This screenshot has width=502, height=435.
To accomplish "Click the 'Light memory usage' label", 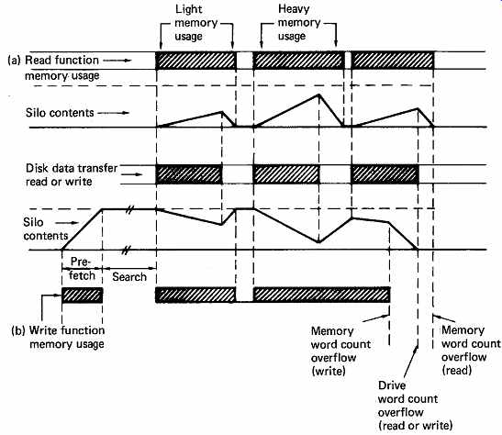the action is click(x=195, y=22).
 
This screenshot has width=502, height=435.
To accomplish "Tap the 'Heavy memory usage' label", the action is click(x=298, y=22).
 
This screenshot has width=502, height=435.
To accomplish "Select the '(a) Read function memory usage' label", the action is click(x=53, y=68).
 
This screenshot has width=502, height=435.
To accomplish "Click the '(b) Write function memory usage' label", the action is click(x=58, y=337).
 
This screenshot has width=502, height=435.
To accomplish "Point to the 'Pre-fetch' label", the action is click(x=82, y=269).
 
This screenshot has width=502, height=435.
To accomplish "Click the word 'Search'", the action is click(x=129, y=277).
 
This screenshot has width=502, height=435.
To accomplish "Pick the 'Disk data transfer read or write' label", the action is click(x=72, y=174).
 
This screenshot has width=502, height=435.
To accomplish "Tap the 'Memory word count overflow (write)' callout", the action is click(x=340, y=351).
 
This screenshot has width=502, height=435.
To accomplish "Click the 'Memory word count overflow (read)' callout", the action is click(x=471, y=351).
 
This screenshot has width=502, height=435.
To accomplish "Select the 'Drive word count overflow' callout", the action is click(x=415, y=406).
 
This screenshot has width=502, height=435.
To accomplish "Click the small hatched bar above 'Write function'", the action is click(x=83, y=296).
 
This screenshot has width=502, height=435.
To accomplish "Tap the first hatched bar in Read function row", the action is click(x=195, y=61).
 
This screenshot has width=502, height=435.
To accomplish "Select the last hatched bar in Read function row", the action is click(x=393, y=61).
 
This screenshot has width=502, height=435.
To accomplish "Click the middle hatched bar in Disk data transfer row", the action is click(x=286, y=174).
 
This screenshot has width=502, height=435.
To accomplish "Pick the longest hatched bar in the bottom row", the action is click(x=321, y=295).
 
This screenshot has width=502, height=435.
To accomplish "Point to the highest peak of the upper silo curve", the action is click(x=318, y=95).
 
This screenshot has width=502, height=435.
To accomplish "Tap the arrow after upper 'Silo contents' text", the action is click(x=113, y=113).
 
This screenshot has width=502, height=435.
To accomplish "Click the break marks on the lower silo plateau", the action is click(x=129, y=209).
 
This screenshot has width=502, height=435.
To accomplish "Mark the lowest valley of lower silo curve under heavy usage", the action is click(x=318, y=242).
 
